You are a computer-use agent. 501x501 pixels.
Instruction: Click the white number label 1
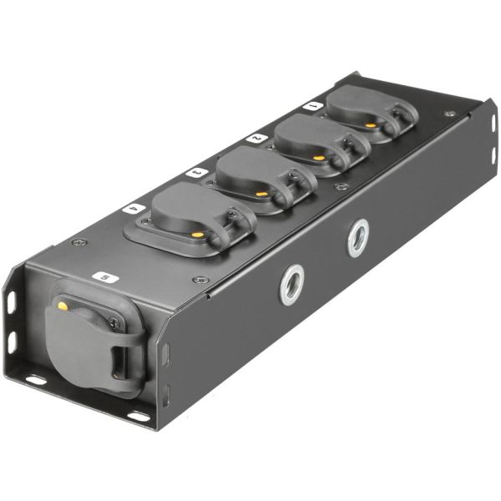(x=313, y=106)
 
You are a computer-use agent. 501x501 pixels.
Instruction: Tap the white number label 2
(x=257, y=139)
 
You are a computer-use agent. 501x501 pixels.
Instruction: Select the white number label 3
(x=197, y=173)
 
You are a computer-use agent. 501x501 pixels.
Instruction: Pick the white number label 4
(x=134, y=209)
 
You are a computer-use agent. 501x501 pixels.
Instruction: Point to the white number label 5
(x=105, y=277)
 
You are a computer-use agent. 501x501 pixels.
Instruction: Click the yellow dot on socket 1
(x=370, y=125)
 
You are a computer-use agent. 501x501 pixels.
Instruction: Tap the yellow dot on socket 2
(x=318, y=158)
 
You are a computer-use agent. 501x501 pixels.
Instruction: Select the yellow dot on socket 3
(x=262, y=195)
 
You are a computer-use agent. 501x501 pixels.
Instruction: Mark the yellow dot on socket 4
(x=198, y=235)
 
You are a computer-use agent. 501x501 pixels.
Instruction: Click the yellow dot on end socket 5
(x=63, y=306)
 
